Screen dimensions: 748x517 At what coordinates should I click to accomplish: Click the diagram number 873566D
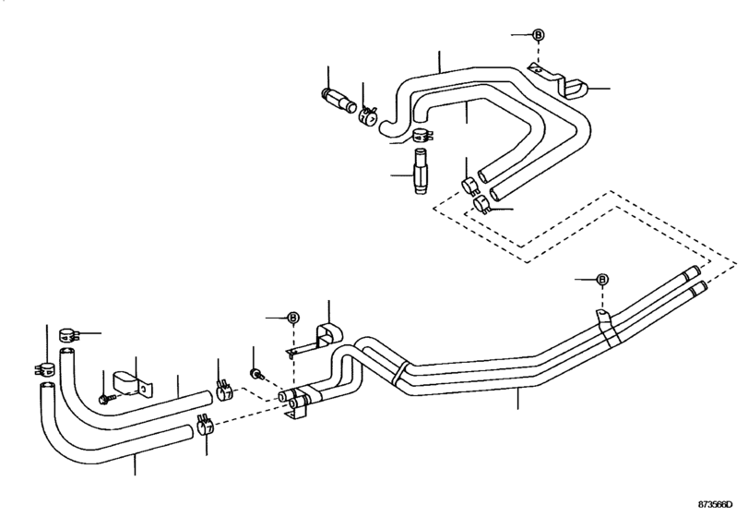[715, 505]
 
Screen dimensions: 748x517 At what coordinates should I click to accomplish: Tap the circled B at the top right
[538, 35]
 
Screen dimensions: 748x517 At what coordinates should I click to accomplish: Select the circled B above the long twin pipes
[602, 279]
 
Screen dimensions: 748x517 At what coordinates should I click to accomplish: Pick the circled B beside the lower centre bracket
[293, 318]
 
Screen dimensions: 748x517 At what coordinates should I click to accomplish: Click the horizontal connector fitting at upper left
[337, 100]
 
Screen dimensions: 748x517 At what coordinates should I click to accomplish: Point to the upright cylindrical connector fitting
[421, 172]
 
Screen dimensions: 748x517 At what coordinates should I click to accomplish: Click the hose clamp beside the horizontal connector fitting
[368, 114]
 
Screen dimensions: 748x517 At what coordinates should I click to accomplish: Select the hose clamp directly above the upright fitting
[422, 136]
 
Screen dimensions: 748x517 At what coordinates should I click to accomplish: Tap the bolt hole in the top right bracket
[538, 70]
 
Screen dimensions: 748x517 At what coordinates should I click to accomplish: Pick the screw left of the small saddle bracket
[106, 398]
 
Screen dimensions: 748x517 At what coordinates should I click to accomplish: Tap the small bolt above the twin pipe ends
[256, 373]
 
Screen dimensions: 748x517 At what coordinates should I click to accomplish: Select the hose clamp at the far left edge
[45, 368]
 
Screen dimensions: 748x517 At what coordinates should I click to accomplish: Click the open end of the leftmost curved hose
[47, 385]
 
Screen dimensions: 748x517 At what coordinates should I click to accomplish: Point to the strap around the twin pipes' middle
[399, 373]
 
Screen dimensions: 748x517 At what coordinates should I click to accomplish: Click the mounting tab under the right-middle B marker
[602, 315]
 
